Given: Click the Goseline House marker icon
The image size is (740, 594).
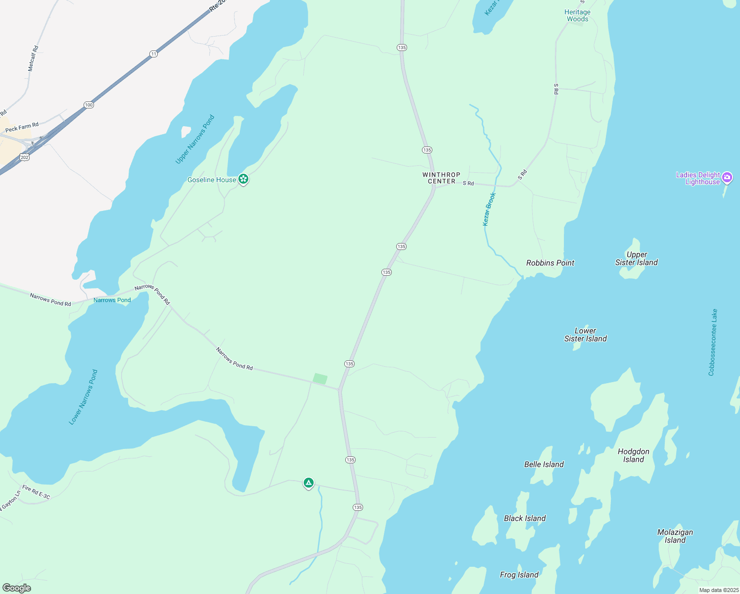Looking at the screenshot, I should pos(243,179).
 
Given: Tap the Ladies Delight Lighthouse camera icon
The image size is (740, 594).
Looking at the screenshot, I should pos(727,177).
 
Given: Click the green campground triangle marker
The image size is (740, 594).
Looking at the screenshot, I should pos(309,483).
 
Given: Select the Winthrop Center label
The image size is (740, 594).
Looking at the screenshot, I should pos(441,178).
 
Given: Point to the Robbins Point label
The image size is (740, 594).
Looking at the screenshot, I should pos(550,263).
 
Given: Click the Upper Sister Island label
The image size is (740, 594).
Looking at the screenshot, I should pos(637,258).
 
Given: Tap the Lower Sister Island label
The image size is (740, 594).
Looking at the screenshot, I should pos(586,335).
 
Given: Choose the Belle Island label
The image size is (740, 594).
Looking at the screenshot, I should pos(544,464).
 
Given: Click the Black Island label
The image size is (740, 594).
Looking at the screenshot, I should pos(525,518).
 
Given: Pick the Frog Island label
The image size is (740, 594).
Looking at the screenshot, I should pos(519,575).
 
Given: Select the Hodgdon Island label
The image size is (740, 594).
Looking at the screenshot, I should pos(634,455).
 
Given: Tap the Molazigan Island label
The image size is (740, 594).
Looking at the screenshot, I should pos(675,536).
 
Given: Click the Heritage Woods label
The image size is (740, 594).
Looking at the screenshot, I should pos(578,15).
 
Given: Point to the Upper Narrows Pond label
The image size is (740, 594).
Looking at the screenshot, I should pos(195,140).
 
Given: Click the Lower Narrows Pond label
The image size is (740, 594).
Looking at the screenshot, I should pos(83,397).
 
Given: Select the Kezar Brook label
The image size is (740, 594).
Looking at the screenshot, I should pos(489,209).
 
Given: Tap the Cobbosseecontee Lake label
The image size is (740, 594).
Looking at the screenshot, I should pos(712,343).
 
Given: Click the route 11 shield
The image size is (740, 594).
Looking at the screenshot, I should pos(154,53).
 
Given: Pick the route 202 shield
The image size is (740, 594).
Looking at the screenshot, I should pos(25,157).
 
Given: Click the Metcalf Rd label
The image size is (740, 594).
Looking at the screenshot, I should pos(33,58).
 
